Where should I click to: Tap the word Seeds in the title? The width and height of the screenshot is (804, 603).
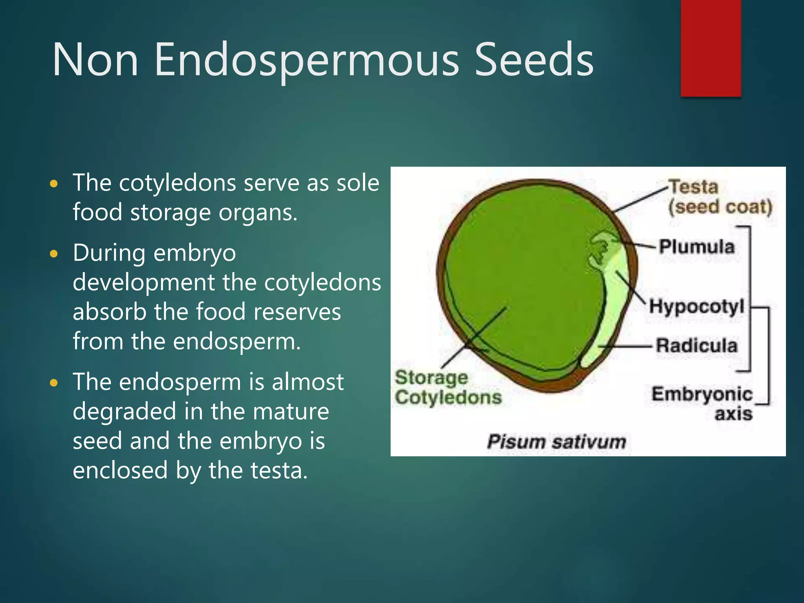[x=534, y=60]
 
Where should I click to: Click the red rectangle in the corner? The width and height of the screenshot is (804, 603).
[x=711, y=48]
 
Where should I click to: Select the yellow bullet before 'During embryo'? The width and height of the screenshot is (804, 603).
[x=54, y=254]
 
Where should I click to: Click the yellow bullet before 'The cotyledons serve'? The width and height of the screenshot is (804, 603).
[x=54, y=184]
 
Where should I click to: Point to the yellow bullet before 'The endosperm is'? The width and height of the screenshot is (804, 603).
[x=54, y=383]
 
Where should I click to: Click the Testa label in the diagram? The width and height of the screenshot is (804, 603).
[x=693, y=187]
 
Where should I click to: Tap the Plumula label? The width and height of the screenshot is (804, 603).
[x=696, y=247]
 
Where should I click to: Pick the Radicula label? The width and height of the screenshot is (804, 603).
[x=696, y=345]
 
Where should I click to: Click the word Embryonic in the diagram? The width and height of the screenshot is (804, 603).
[x=702, y=394]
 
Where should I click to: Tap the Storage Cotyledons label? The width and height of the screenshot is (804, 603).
[x=448, y=387]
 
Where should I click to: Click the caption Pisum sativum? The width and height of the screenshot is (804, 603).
[x=556, y=442]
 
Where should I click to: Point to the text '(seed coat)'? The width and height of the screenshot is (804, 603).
[x=720, y=207]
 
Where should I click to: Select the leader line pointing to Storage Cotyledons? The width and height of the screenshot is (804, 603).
[x=473, y=338]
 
